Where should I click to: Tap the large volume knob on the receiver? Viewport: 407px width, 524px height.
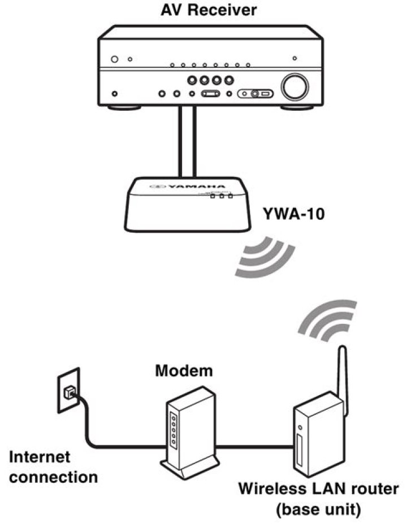pos(295,87)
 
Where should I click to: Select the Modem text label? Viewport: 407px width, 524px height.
pos(184,371)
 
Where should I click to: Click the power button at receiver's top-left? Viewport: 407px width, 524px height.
pos(114,59)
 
